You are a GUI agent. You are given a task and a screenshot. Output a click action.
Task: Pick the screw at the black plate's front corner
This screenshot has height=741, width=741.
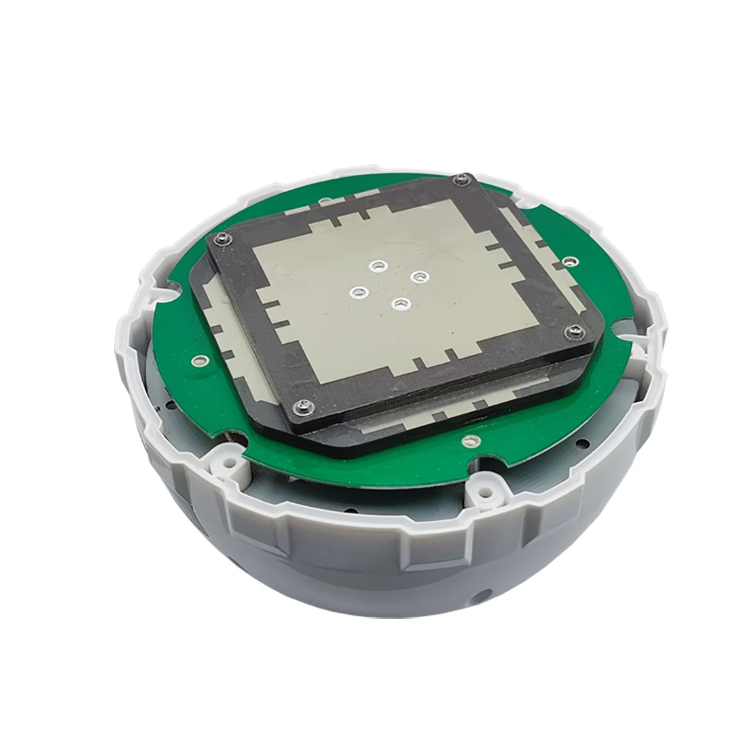point(305,404)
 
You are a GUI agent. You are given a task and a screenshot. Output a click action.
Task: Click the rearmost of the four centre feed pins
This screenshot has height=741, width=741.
point(379,265)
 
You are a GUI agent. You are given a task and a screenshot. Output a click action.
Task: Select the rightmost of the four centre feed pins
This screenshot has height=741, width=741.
point(420,276)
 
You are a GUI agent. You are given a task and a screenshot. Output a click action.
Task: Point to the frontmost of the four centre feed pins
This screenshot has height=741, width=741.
point(401,302)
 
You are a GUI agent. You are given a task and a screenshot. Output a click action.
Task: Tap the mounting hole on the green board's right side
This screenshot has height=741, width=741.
point(569,261)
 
